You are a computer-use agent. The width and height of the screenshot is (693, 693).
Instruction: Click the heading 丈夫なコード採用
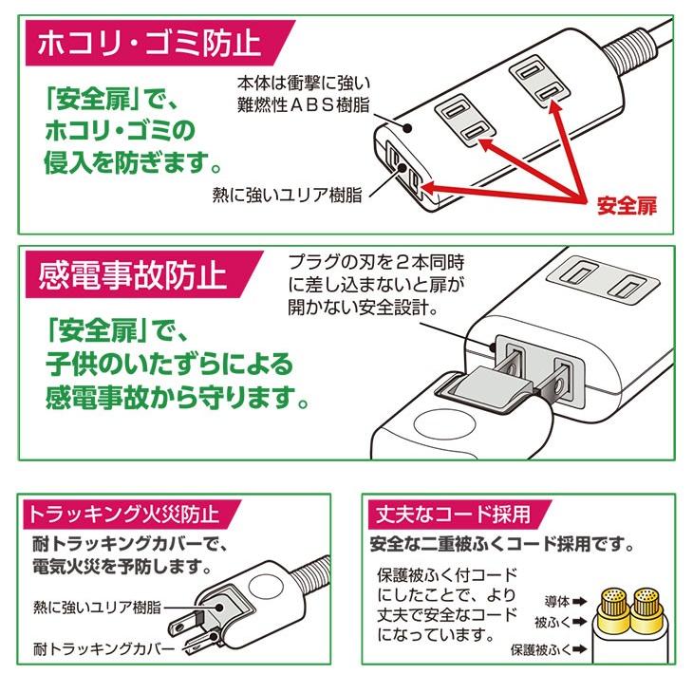tap(452, 515)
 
